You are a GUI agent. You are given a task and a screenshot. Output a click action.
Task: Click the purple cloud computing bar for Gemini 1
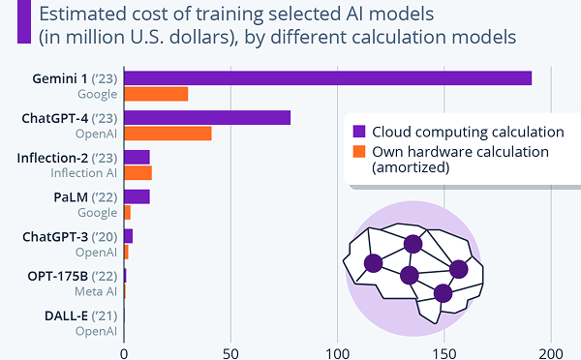[327, 78]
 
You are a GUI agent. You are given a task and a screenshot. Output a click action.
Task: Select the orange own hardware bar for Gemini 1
[156, 94]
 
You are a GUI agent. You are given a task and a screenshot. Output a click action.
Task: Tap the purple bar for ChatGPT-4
[207, 118]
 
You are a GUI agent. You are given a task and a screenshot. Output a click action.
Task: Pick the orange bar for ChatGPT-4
[168, 134]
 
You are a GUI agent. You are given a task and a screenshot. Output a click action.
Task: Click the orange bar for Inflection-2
[138, 173]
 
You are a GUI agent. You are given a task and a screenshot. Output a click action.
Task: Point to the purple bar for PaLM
[137, 196]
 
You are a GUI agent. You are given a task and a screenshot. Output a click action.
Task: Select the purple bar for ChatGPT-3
[128, 236]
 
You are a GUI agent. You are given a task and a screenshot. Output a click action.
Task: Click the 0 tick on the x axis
[124, 351]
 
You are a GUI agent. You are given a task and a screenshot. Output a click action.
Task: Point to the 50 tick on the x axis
[230, 351]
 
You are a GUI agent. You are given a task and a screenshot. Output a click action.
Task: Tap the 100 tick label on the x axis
[337, 351]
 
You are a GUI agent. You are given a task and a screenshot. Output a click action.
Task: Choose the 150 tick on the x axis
[444, 351]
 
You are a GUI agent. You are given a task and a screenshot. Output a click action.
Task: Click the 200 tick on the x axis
[551, 351]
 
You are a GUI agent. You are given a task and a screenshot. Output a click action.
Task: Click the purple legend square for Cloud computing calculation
[359, 132]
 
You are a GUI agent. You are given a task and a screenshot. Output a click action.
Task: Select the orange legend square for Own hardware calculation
[359, 152]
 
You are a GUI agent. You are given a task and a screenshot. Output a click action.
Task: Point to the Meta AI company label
[97, 291]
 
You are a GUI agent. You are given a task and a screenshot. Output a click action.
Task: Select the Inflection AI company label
[83, 173]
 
